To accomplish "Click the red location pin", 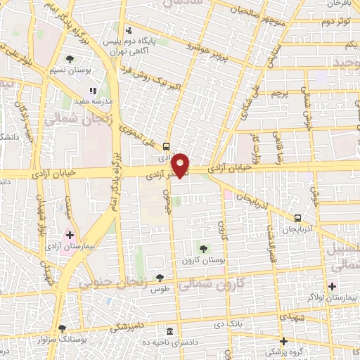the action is coord(181,165).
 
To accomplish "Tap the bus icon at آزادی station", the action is coord(165,147).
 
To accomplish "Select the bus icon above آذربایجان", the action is coord(298,219).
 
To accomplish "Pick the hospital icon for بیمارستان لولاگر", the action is coord(332,286).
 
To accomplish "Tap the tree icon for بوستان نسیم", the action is coord(70,59).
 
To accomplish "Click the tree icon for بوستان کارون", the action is coord(203,248).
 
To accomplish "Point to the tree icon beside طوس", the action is coord(160,278).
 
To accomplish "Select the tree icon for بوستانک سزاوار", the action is coord(63,328).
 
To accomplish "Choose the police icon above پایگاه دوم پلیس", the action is coord(128,30).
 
